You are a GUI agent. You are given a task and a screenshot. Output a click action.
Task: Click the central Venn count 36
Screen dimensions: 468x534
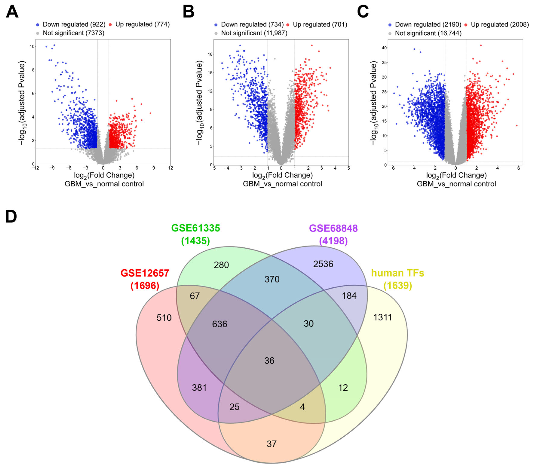[269, 361]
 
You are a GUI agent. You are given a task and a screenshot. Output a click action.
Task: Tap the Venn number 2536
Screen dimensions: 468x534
[323, 264]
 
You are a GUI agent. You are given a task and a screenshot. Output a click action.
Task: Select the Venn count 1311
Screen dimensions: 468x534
[383, 318]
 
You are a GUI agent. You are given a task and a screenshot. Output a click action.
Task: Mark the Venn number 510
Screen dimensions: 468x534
[164, 318]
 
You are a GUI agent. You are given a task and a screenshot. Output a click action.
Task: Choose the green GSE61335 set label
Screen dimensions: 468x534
[196, 228]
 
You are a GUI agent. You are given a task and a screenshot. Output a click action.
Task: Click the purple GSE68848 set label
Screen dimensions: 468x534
[333, 228]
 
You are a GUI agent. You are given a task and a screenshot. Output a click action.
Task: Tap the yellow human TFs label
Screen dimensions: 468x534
[398, 273]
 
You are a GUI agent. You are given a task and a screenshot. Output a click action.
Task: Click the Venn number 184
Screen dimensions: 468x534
[349, 296]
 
